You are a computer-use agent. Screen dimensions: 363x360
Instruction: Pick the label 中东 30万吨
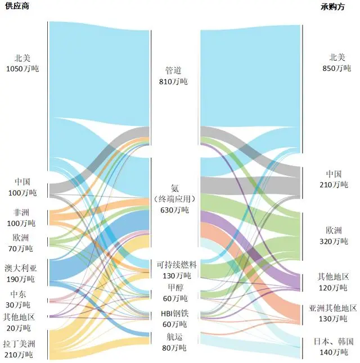click(x=22, y=300)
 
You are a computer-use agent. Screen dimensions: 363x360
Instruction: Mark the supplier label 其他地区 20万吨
click(x=22, y=323)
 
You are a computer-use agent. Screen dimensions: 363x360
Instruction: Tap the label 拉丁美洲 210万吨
click(x=22, y=349)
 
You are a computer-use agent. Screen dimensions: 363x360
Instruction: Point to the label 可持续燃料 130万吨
click(x=177, y=270)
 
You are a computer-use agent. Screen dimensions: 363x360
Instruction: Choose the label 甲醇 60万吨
click(x=175, y=293)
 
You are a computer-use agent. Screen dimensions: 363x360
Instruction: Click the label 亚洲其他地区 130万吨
click(x=333, y=314)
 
